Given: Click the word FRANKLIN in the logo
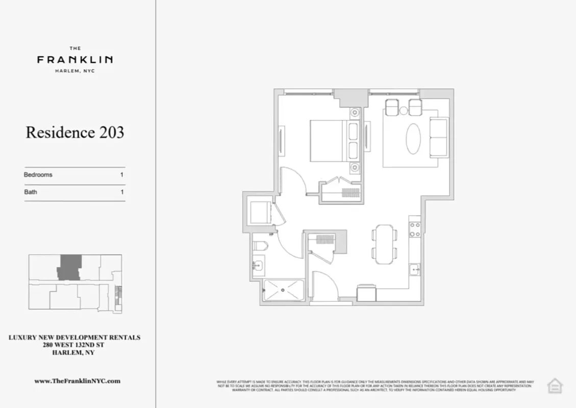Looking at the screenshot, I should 75,60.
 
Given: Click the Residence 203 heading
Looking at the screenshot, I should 75,133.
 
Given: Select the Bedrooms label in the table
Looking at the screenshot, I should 38,174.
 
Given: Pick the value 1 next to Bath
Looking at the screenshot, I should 122,192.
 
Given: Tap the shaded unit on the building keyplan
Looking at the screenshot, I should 67,267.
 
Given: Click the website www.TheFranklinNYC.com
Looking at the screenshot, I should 77,381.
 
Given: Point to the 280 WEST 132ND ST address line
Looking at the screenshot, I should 74,345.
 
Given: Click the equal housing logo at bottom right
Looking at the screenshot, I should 555,386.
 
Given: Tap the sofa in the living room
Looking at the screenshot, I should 439,137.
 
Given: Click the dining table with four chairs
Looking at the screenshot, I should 385,244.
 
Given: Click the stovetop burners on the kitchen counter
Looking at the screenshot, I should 415,228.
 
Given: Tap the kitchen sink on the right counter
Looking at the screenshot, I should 415,269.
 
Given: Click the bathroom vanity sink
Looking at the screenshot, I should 258,266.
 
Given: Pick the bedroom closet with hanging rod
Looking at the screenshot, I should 340,192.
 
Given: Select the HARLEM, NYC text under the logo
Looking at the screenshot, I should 75,71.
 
